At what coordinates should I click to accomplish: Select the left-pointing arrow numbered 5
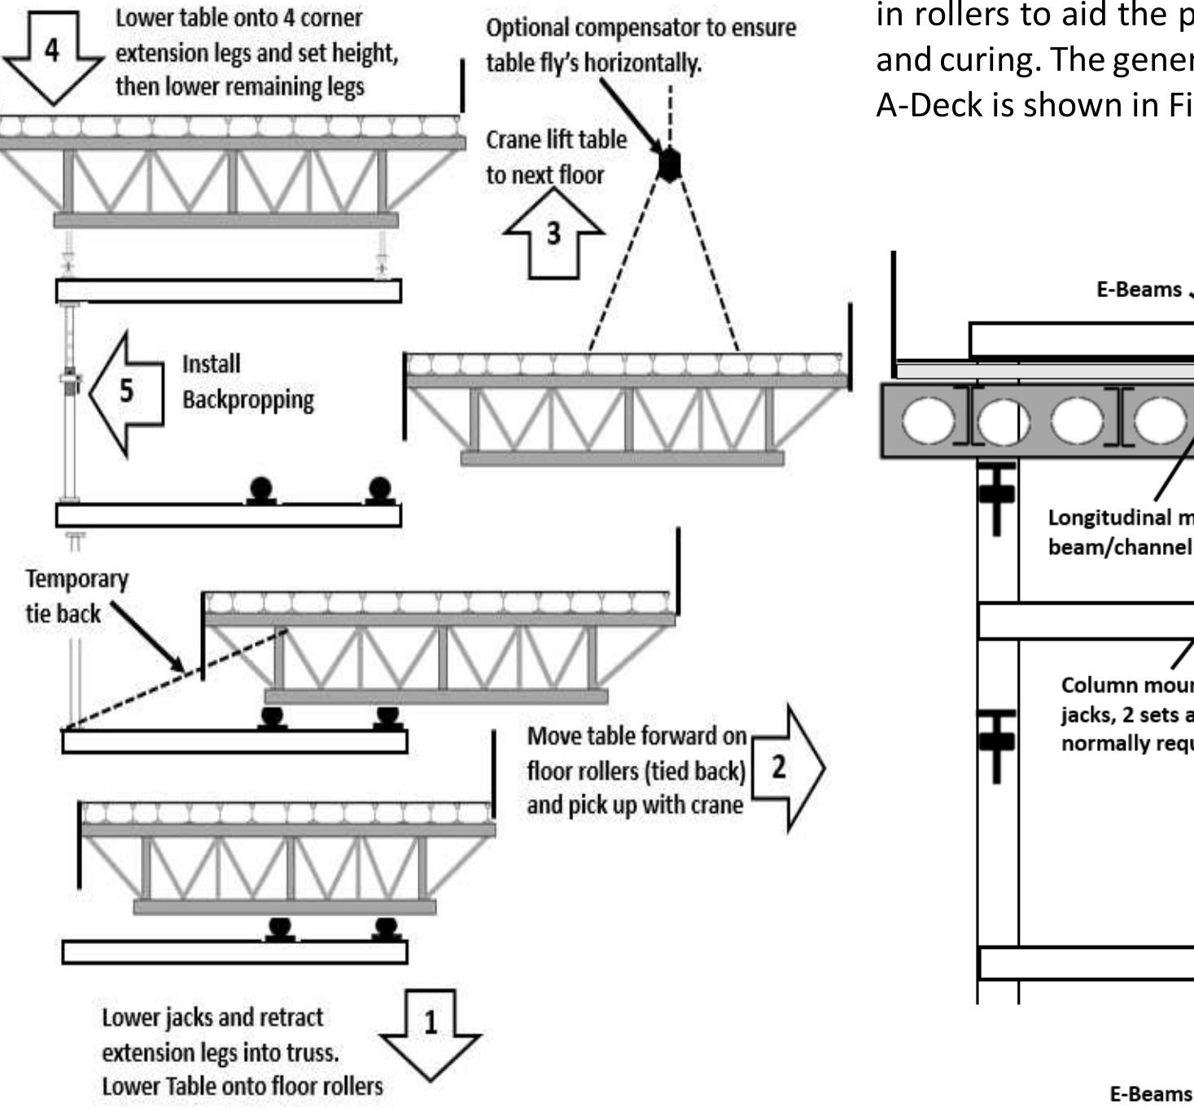(x=127, y=392)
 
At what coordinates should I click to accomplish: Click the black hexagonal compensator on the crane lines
(x=668, y=165)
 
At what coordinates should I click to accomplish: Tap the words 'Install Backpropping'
(x=247, y=382)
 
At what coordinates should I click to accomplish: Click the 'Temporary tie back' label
(x=77, y=596)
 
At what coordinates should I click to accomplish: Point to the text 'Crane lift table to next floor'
(x=556, y=157)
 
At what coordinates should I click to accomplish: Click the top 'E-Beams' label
(x=1139, y=290)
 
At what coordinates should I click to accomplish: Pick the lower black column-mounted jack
(x=997, y=742)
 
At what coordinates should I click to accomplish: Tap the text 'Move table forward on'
(x=636, y=736)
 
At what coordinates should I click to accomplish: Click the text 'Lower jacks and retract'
(x=212, y=1018)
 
